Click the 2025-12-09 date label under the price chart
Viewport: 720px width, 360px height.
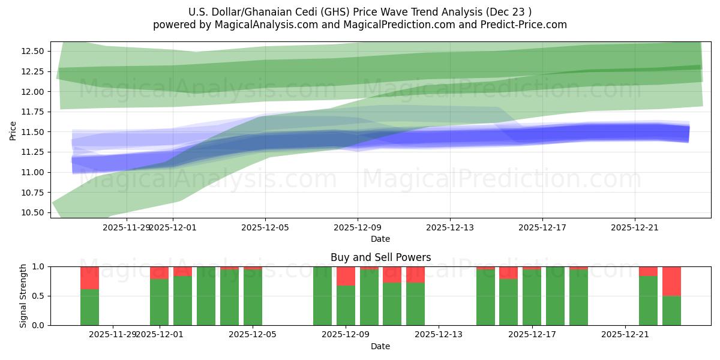[x=358, y=227]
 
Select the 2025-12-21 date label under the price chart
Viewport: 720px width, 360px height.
[x=635, y=227]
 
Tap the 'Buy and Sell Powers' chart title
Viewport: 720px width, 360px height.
[x=380, y=257]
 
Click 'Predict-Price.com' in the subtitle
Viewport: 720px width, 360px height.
[x=525, y=25]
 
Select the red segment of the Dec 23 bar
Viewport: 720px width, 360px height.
[x=671, y=281]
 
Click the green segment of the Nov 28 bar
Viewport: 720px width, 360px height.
[x=89, y=307]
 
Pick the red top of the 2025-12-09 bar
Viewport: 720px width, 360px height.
[x=346, y=276]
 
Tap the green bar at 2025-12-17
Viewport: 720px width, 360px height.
[x=532, y=297]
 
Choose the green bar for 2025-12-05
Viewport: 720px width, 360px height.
[x=253, y=297]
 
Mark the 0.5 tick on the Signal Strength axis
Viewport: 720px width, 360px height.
[x=39, y=296]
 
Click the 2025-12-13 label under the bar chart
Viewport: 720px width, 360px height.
[x=439, y=334]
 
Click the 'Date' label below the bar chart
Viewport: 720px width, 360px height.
[x=380, y=346]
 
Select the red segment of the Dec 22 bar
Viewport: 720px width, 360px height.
[x=648, y=271]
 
